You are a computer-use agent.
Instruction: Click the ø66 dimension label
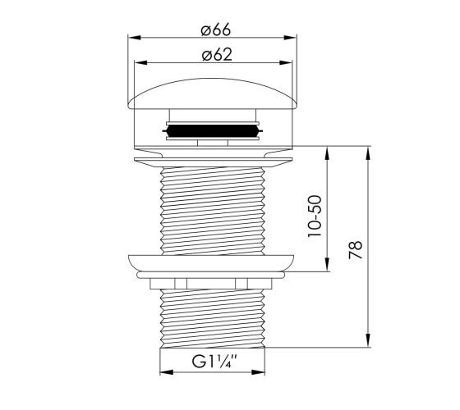[216, 30]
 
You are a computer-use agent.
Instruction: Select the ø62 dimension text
[217, 55]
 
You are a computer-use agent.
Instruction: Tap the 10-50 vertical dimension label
[315, 216]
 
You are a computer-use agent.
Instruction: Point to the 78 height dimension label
[356, 250]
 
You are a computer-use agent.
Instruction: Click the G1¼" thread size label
[214, 362]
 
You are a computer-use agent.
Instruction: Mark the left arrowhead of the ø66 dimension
[135, 38]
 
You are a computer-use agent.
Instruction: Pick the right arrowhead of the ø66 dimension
[290, 38]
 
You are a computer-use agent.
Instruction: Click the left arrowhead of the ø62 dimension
[140, 62]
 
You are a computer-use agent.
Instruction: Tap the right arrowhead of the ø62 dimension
[286, 62]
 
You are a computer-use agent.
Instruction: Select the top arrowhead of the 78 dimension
[368, 153]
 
